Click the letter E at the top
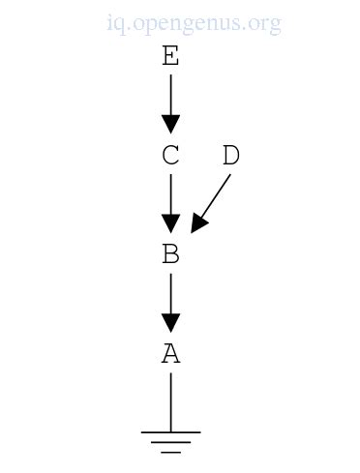[170, 57]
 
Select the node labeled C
[170, 156]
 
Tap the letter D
[230, 156]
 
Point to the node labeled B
[170, 254]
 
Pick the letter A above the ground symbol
[170, 353]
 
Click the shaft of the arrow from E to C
[170, 94]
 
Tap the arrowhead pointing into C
[170, 124]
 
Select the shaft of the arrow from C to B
[170, 192]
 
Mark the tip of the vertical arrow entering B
[170, 230]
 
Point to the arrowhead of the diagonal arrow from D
[197, 223]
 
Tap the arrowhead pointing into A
[170, 322]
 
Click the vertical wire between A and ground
[170, 401]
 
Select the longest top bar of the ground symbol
[170, 432]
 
